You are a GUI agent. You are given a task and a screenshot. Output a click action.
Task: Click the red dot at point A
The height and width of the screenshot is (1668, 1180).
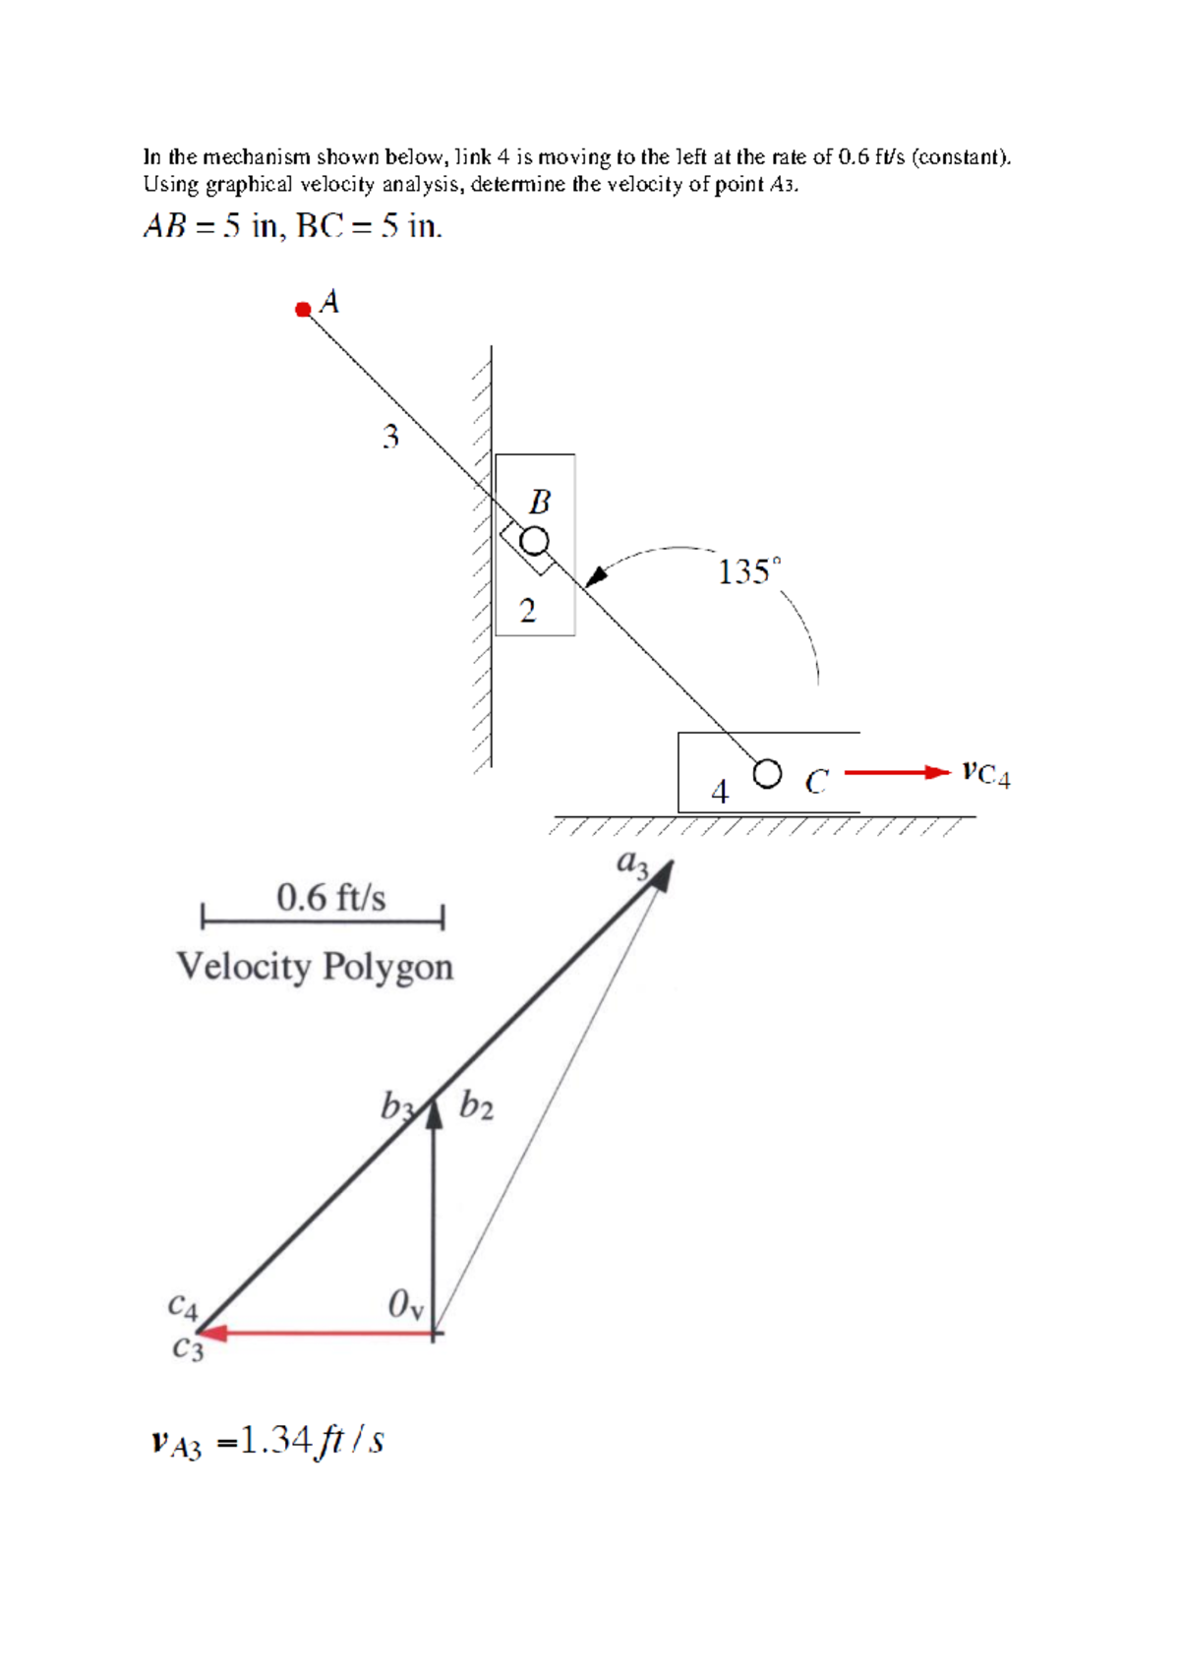tap(303, 310)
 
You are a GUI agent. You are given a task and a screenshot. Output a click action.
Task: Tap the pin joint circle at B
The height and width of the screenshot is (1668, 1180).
tap(534, 541)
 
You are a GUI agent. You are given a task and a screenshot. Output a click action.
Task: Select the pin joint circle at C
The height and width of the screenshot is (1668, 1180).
tap(767, 774)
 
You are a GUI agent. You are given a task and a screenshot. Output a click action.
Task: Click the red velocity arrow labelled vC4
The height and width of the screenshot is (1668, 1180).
tap(896, 773)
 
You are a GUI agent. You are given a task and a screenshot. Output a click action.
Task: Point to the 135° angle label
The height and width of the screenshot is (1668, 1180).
tap(748, 571)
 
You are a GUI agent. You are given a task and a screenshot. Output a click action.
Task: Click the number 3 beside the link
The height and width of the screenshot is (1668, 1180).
tap(390, 437)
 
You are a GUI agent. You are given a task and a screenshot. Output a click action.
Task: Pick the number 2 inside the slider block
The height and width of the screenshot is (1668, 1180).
tap(528, 612)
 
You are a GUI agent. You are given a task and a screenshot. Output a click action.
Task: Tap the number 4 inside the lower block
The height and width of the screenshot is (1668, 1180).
tap(720, 792)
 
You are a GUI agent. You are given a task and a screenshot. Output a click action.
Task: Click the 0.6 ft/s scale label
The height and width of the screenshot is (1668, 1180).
tap(330, 897)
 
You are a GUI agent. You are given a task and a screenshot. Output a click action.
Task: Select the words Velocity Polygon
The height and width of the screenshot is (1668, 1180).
tap(315, 967)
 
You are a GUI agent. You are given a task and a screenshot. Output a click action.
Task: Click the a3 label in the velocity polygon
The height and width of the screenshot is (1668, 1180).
tap(632, 864)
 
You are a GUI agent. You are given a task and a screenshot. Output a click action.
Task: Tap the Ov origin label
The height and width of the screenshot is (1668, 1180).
tap(405, 1305)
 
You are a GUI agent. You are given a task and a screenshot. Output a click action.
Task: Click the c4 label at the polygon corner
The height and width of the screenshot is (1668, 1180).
tap(184, 1305)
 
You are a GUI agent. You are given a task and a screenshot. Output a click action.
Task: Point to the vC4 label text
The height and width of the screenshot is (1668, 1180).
tap(986, 773)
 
